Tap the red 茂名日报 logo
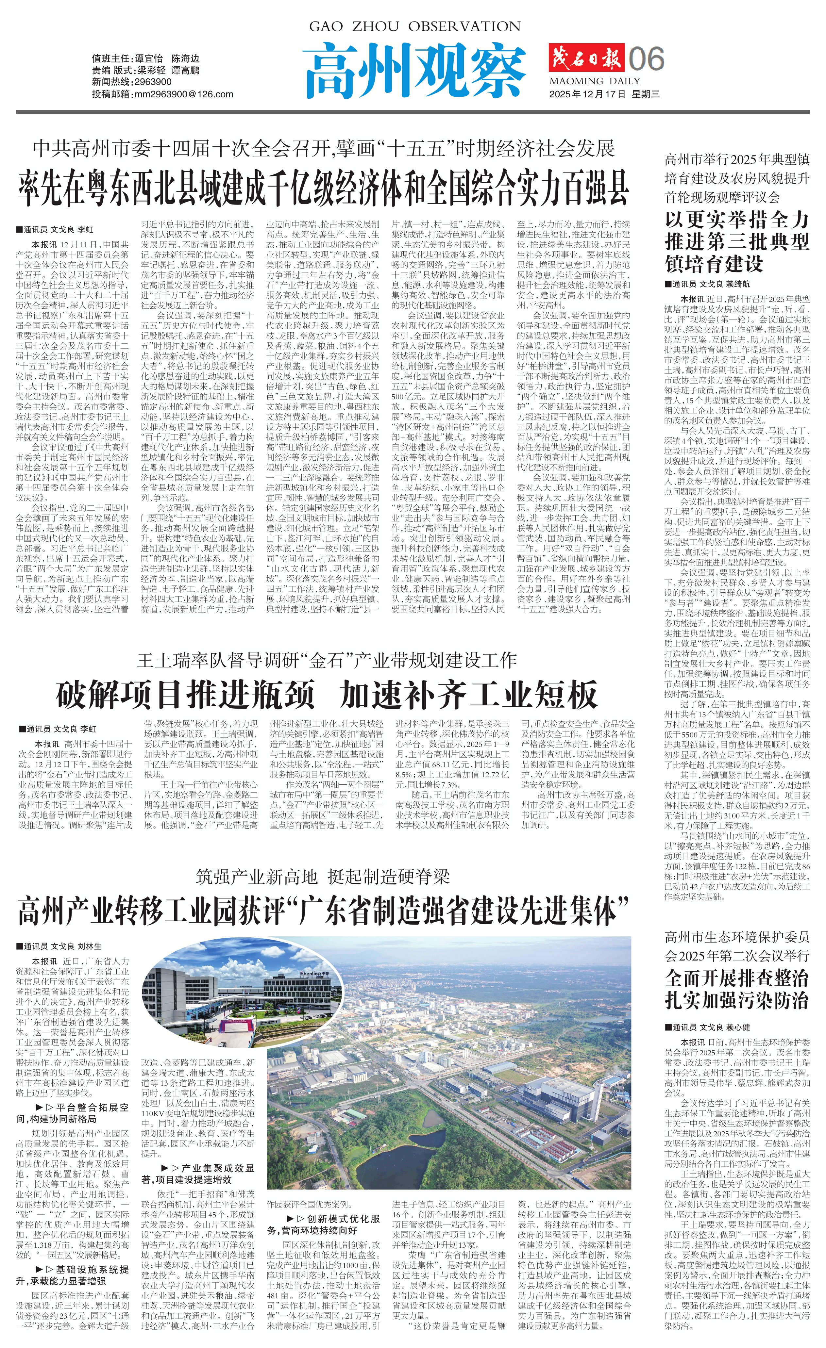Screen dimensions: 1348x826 586,58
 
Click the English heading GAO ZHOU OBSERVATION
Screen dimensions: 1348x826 415,26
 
